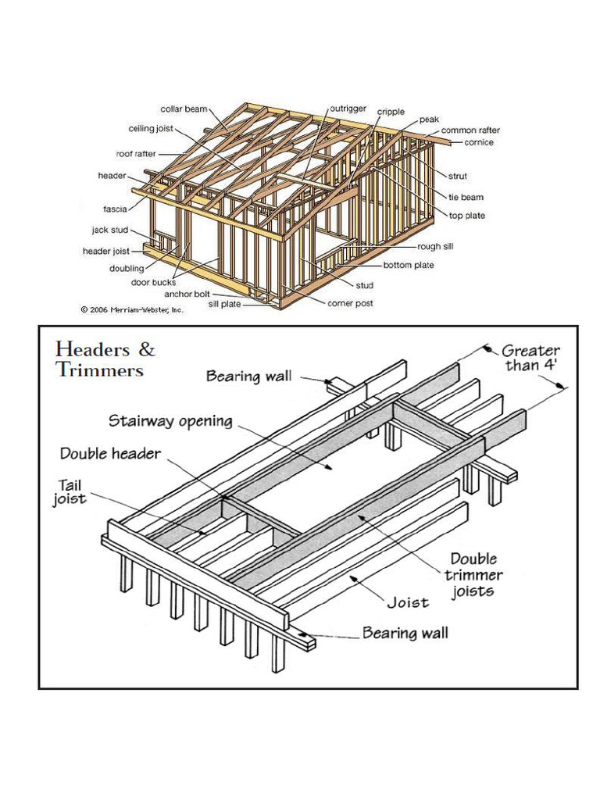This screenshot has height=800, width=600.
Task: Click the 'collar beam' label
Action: [x=183, y=109]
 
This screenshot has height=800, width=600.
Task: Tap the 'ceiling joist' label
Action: [x=151, y=129]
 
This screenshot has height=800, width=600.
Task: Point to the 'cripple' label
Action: [x=391, y=112]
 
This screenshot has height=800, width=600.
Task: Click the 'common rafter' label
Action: [x=470, y=130]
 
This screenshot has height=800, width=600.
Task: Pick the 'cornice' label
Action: [x=478, y=142]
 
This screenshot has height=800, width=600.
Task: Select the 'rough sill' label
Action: [x=436, y=246]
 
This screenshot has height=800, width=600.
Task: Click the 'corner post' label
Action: [x=350, y=303]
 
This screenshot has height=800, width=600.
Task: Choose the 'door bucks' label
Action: [x=152, y=282]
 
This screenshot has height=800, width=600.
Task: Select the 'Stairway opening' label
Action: [x=170, y=421]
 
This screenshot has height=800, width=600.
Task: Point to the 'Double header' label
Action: [x=112, y=453]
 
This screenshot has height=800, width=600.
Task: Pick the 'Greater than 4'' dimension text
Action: [x=530, y=358]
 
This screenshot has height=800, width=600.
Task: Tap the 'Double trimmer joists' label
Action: [x=476, y=575]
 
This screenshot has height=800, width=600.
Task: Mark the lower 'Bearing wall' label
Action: [x=405, y=632]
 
